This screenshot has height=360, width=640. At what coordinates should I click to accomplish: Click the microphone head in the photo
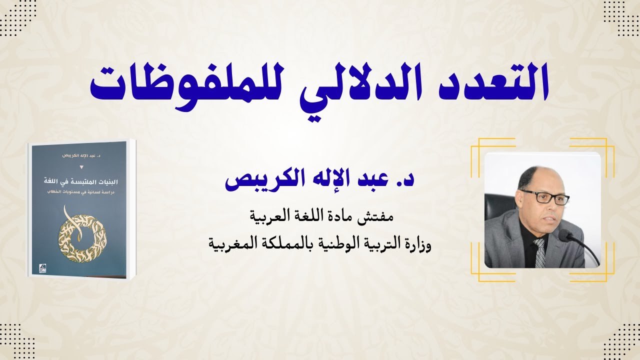click(x=564, y=235)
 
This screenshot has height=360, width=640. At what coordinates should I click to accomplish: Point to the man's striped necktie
click(x=539, y=252)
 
